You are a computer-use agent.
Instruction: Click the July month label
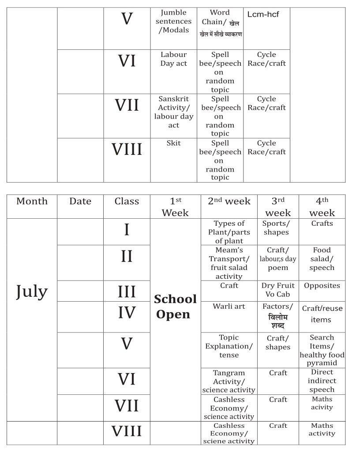pyautogui.click(x=31, y=292)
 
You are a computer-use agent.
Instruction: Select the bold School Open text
pyautogui.click(x=175, y=306)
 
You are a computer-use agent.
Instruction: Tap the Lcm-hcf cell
pyautogui.click(x=263, y=15)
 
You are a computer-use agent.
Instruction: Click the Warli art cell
pyautogui.click(x=229, y=306)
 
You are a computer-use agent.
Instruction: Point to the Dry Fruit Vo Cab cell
pyautogui.click(x=277, y=290)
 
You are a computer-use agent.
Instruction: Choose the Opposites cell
pyautogui.click(x=322, y=285)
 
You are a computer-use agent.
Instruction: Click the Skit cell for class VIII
pyautogui.click(x=173, y=143)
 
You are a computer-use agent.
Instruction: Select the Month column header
pyautogui.click(x=31, y=201)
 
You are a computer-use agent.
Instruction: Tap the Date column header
pyautogui.click(x=80, y=201)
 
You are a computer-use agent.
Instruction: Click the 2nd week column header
pyautogui.click(x=229, y=201)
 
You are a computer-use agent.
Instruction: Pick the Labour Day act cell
pyautogui.click(x=173, y=59)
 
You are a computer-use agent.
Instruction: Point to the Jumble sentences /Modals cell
pyautogui.click(x=173, y=21)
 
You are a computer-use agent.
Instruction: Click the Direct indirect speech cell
pyautogui.click(x=322, y=381)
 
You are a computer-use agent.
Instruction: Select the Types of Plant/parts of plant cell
pyautogui.click(x=229, y=232)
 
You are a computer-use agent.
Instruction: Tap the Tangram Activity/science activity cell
pyautogui.click(x=229, y=381)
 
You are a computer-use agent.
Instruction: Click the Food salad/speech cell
pyautogui.click(x=322, y=259)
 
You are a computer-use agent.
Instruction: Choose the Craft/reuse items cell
pyautogui.click(x=322, y=314)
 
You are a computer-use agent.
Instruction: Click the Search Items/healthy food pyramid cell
pyautogui.click(x=322, y=350)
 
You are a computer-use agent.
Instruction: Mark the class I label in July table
pyautogui.click(x=127, y=230)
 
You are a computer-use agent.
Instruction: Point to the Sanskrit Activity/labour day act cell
pyautogui.click(x=173, y=112)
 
